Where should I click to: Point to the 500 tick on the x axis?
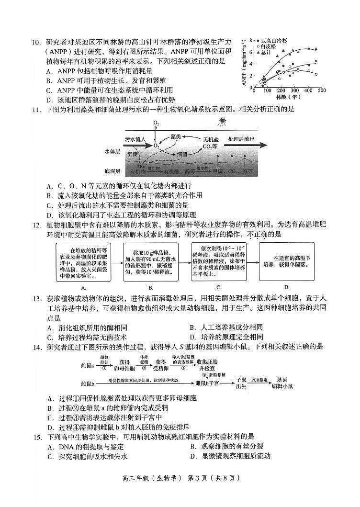click(321, 91)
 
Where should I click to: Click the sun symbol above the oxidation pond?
click(222, 122)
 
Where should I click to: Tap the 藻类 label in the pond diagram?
click(176, 136)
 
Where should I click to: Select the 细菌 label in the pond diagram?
click(181, 155)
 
